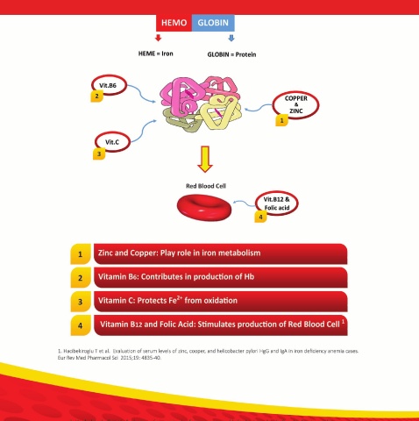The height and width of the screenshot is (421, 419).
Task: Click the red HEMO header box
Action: point(174,23)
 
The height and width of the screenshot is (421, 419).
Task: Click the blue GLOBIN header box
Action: point(213,23)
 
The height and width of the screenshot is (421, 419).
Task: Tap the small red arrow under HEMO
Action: point(159,38)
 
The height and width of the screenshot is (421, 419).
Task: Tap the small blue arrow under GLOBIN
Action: point(231,38)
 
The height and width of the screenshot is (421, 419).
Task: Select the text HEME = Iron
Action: point(156,54)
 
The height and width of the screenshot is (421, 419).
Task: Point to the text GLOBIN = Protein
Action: point(231,54)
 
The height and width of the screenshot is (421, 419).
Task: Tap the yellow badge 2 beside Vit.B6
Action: point(97,96)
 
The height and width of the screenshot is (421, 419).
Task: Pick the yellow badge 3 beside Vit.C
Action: point(99,153)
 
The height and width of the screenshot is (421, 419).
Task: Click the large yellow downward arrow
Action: point(205,160)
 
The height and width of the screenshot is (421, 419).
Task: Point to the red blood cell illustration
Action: point(204,207)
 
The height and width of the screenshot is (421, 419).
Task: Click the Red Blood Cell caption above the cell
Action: point(206,186)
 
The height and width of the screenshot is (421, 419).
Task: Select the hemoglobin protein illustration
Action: point(201,103)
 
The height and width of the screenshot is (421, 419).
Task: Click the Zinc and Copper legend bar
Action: point(221,253)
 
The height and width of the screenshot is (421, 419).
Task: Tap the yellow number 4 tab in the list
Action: point(81,325)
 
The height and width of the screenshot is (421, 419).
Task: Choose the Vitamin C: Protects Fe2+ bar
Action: point(221,302)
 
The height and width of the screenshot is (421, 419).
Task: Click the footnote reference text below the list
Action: point(208,354)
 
